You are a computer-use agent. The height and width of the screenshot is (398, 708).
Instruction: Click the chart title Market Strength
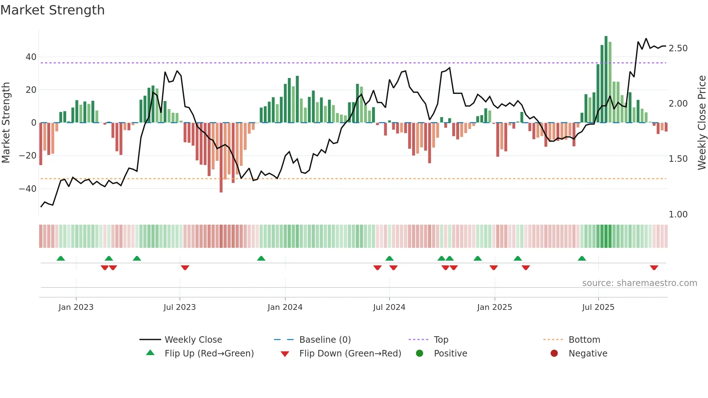pos(52,10)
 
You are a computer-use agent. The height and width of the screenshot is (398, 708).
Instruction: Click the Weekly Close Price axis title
pos(701,122)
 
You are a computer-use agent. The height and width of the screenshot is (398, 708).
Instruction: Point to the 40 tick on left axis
pos(31,57)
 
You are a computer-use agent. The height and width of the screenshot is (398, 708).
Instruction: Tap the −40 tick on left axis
pos(28,189)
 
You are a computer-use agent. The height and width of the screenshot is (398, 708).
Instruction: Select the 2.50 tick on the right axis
pos(678,48)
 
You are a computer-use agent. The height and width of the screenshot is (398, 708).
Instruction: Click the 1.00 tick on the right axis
pos(678,214)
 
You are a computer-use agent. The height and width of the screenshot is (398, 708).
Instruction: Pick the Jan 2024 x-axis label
pos(285,307)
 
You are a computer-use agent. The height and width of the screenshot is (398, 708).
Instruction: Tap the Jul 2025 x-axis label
pos(598,307)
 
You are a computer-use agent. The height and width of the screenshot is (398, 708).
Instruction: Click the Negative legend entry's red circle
pos(554,353)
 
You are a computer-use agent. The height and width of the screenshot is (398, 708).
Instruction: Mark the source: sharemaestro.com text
pos(639,283)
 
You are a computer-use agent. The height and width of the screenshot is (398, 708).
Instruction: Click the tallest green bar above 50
pos(606,79)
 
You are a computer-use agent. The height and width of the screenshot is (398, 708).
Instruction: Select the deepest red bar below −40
pos(221,157)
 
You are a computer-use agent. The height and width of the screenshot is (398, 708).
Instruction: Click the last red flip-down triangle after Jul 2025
pos(654,268)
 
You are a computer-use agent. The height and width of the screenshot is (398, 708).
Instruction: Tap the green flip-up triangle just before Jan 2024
pos(261,258)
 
